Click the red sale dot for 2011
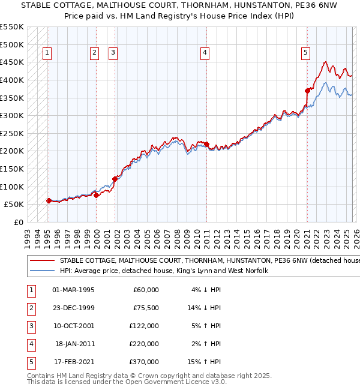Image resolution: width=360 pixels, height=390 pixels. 206,144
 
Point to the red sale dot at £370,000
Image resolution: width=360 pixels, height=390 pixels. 307,91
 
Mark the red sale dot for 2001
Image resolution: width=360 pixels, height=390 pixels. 115,178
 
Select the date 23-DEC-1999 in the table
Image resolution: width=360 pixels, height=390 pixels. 73,308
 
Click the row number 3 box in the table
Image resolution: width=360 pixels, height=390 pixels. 30,326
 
